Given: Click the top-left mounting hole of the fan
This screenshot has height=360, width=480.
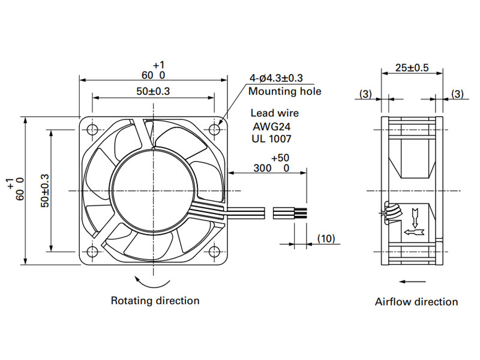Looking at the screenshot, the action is (x=92, y=130).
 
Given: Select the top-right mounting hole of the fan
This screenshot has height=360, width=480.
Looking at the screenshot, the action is (x=214, y=130).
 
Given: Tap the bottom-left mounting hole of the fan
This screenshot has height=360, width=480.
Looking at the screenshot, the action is (x=92, y=252).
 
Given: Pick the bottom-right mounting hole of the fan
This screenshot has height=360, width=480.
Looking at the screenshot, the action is (x=214, y=252).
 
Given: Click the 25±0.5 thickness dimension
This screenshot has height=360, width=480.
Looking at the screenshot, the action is (x=412, y=68).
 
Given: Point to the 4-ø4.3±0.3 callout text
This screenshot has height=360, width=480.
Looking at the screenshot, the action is (x=276, y=78).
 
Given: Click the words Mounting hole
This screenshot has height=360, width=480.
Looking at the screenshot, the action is (x=284, y=91).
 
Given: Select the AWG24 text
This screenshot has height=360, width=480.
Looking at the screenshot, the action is (x=272, y=126).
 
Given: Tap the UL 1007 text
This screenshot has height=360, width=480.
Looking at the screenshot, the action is (x=272, y=139).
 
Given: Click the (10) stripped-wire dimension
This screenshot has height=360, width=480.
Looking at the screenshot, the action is (x=326, y=238).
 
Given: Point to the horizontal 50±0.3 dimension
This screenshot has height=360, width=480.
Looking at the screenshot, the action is (x=153, y=91).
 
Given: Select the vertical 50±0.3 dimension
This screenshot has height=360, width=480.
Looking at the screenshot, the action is (x=44, y=191).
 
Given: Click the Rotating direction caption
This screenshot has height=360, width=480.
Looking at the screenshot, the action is (x=155, y=301).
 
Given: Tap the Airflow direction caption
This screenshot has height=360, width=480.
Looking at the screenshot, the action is (x=416, y=302).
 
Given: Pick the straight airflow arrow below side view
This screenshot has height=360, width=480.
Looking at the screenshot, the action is (x=413, y=281).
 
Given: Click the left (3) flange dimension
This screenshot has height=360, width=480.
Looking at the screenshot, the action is (x=365, y=94).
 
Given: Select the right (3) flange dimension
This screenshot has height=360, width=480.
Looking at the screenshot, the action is (x=457, y=94).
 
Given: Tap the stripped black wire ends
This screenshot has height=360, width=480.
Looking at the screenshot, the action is (x=301, y=213).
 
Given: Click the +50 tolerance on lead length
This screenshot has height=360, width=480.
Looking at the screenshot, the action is (x=280, y=158).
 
